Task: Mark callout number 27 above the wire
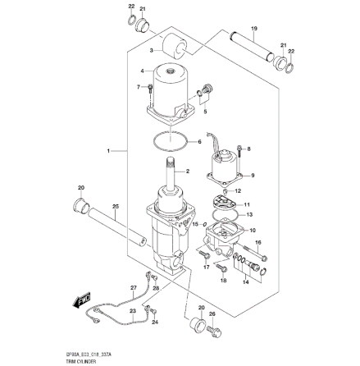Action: (x=133, y=286)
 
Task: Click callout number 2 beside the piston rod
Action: (x=188, y=172)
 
